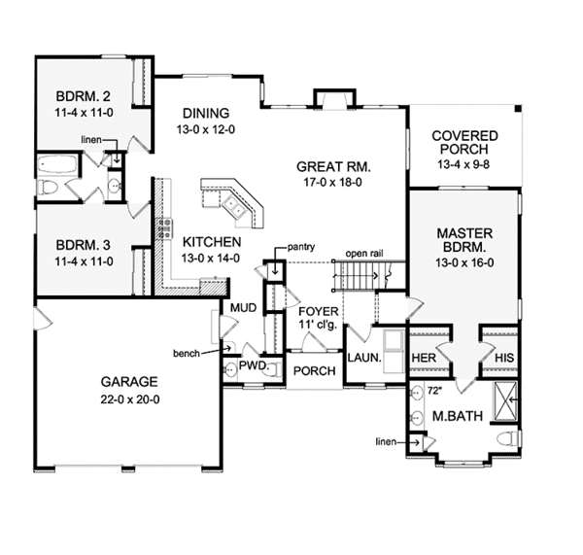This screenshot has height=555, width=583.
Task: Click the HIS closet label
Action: click(x=502, y=359)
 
